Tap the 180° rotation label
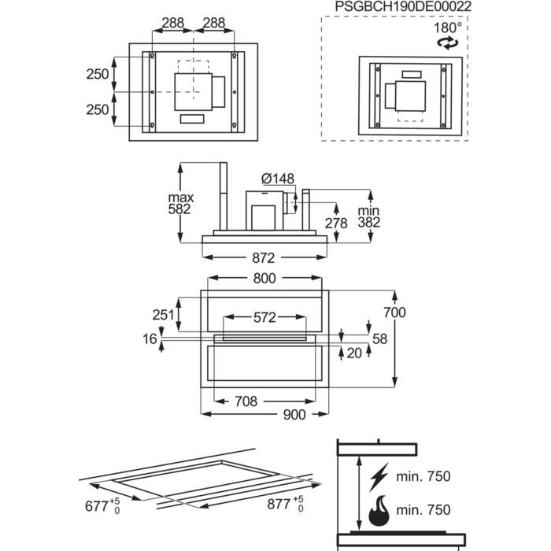coord(447,27)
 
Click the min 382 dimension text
coord(368,216)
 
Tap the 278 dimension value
coord(336,224)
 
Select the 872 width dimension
coord(263,257)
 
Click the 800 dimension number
coord(264,278)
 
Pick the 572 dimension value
coord(264,317)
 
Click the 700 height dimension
coord(394,312)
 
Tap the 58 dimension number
coord(380,338)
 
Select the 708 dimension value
coord(246,401)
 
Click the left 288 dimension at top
coord(173,24)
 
